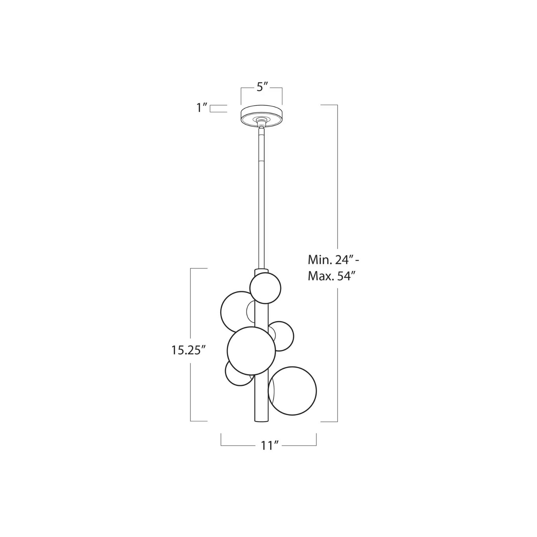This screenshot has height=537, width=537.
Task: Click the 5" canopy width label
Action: point(262,87)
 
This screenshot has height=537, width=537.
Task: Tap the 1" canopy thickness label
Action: point(202,108)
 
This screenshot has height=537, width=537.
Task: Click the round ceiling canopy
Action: point(262,115)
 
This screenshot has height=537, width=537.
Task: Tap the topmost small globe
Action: point(265,288)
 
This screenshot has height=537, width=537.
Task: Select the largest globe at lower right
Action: point(292,391)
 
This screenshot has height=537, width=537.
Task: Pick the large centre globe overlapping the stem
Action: point(251,351)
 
